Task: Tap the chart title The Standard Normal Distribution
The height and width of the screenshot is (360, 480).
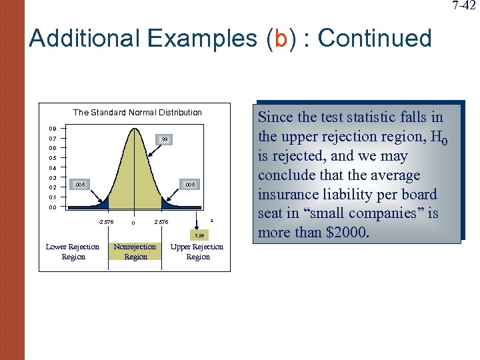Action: tap(137, 112)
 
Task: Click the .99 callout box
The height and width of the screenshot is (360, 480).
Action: tap(164, 139)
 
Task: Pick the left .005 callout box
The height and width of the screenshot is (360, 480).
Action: tap(79, 183)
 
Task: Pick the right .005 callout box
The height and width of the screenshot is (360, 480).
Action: tap(189, 183)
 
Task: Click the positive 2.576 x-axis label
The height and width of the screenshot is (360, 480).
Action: tap(161, 222)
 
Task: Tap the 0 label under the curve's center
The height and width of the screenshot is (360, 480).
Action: tap(133, 223)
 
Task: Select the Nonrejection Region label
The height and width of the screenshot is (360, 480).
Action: tap(135, 252)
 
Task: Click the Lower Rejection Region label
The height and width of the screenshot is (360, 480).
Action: tap(73, 252)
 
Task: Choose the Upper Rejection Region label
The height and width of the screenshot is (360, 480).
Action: tap(198, 252)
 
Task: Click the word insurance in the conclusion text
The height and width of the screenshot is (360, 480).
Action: tap(287, 195)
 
